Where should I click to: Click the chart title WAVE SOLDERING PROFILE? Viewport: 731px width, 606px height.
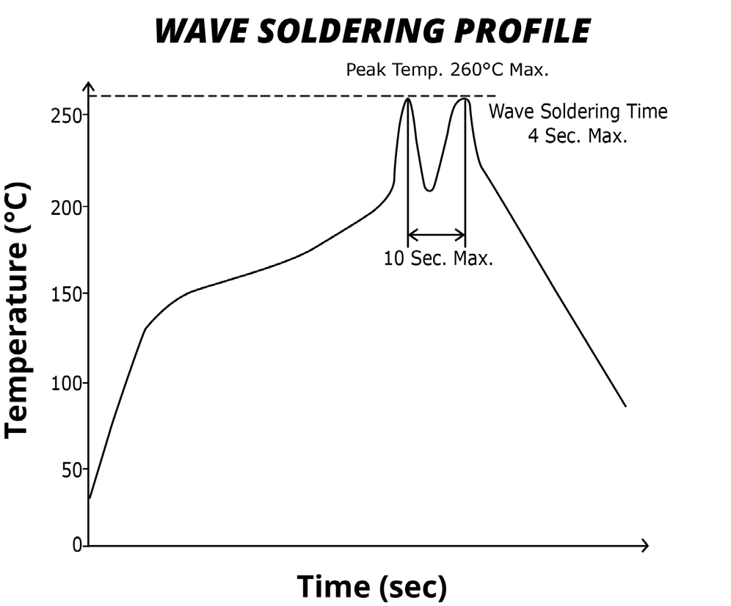(x=373, y=32)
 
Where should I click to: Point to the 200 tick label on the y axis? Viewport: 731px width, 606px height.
(x=64, y=206)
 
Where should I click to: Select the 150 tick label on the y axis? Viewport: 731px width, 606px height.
(x=64, y=294)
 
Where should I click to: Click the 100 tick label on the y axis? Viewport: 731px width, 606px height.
(x=64, y=383)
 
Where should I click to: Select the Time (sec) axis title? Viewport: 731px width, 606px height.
(x=371, y=586)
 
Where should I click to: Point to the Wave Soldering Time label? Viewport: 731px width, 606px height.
(x=578, y=112)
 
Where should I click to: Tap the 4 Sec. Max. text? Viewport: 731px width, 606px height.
(x=578, y=136)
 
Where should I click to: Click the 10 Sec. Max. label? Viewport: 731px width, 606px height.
(x=438, y=259)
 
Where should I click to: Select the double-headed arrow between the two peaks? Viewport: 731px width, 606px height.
(x=436, y=236)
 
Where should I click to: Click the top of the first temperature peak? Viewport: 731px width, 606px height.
(x=407, y=98)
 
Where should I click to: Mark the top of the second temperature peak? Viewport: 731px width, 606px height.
(x=465, y=98)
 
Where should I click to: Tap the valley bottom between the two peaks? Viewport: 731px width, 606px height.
(x=430, y=191)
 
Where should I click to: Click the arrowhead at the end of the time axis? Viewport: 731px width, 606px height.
(x=645, y=546)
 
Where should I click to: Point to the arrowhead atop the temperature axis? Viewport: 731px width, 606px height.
(x=89, y=88)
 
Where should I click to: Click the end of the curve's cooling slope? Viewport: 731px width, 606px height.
(x=625, y=406)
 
